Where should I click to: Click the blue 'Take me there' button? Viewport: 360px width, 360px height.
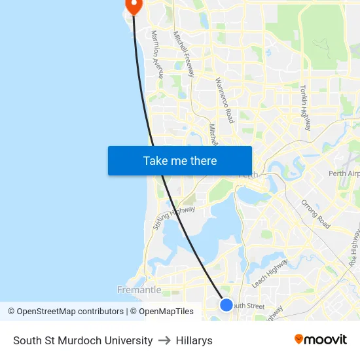pyautogui.click(x=180, y=160)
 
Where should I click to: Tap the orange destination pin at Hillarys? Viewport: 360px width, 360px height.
pyautogui.click(x=134, y=6)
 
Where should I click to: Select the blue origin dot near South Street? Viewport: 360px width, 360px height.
pyautogui.click(x=226, y=304)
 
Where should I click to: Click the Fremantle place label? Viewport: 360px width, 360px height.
pyautogui.click(x=139, y=289)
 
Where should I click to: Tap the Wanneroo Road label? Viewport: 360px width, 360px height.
pyautogui.click(x=225, y=100)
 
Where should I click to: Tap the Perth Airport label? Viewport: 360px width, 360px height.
pyautogui.click(x=344, y=173)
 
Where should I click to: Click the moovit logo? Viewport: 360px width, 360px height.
pyautogui.click(x=321, y=339)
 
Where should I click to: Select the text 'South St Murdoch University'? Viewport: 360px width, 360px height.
pyautogui.click(x=83, y=340)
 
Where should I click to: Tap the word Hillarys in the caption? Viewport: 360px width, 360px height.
pyautogui.click(x=194, y=340)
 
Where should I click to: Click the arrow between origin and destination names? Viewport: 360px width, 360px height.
pyautogui.click(x=164, y=340)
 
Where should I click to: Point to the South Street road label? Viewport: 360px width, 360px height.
pyautogui.click(x=248, y=306)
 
